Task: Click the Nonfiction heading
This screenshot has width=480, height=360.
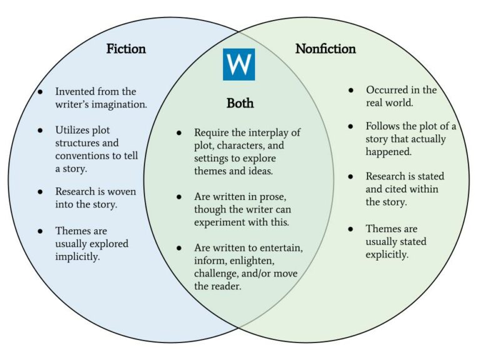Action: coord(325,49)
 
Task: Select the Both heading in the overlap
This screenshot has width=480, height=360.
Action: coord(240,103)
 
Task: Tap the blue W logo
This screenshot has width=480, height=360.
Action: coord(239,64)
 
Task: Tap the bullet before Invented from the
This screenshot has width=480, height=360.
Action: coord(41,92)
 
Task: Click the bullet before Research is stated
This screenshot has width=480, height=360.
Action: coord(351,176)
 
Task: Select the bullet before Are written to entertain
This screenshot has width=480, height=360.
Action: coord(179,249)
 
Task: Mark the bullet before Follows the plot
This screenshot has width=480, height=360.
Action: coord(351,126)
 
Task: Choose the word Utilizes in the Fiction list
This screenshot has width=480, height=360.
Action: coord(72,130)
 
